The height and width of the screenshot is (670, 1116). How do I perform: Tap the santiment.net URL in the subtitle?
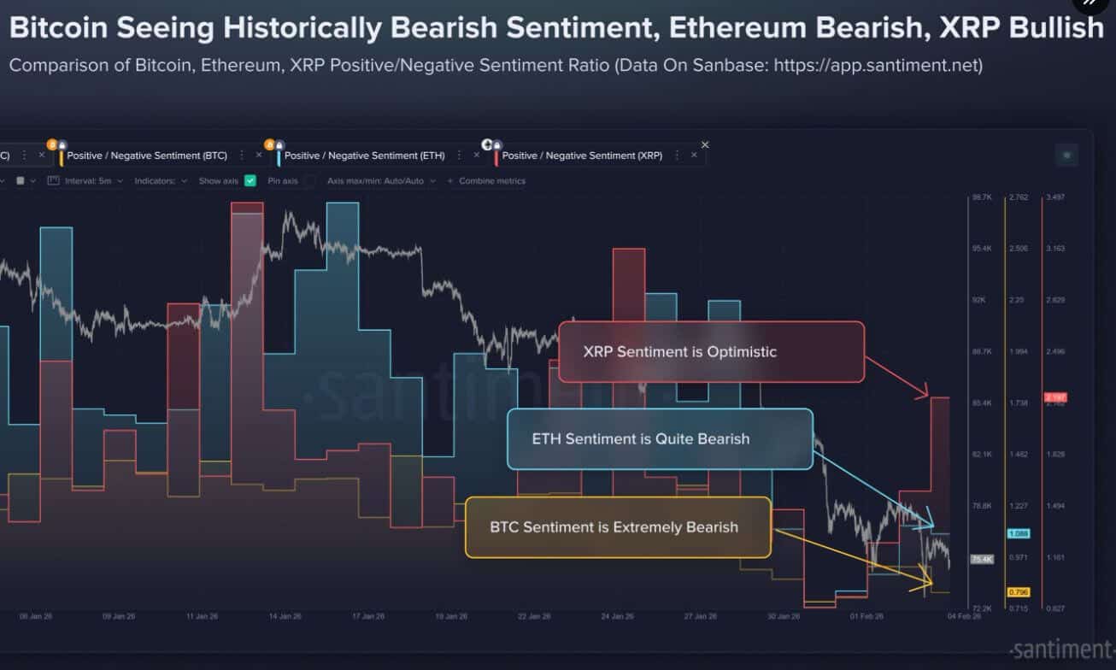(878, 66)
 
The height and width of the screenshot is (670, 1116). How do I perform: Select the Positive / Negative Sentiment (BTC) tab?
(147, 156)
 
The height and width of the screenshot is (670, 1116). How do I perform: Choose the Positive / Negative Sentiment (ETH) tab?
(364, 156)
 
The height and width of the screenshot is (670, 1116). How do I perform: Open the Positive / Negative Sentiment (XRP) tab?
(581, 156)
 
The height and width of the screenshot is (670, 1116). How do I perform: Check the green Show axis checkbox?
(250, 181)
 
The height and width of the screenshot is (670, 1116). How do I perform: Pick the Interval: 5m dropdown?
(85, 181)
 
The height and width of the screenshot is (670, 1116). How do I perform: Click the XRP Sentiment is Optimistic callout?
(711, 351)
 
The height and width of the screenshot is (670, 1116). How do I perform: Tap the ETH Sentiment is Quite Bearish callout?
(659, 439)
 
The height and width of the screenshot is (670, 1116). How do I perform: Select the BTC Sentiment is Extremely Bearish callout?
(618, 527)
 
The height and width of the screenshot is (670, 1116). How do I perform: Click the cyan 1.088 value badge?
(1018, 534)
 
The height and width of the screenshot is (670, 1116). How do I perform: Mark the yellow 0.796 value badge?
(1018, 591)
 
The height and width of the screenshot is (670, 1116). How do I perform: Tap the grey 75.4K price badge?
(982, 560)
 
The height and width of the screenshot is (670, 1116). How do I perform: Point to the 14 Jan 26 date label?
(285, 616)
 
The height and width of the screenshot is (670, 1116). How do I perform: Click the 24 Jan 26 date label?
(618, 616)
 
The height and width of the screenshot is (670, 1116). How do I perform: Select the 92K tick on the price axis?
(980, 300)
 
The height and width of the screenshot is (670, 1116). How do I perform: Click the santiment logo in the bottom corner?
(1060, 649)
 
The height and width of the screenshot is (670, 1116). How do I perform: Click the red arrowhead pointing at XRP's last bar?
(923, 393)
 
